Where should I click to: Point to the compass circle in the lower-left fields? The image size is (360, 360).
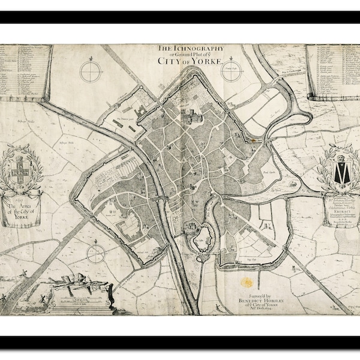[95, 254]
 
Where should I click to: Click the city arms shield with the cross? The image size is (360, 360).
[22, 166]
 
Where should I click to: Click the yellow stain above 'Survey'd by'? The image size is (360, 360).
[247, 281]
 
